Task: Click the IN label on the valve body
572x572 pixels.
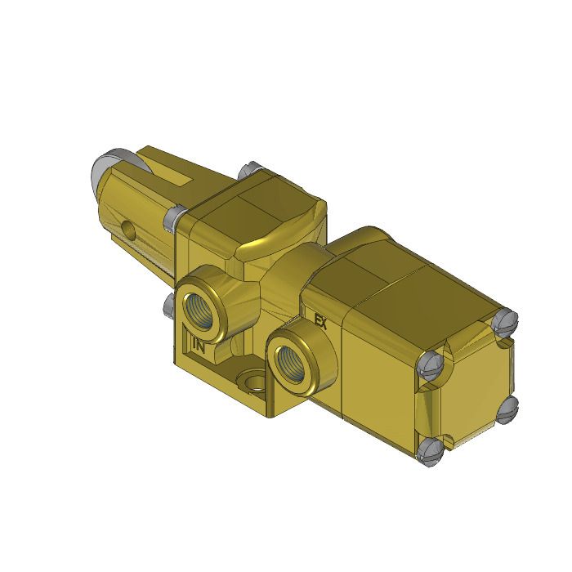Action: tap(198, 345)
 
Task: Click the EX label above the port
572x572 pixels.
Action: tap(320, 322)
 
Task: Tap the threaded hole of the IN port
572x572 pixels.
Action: tap(199, 307)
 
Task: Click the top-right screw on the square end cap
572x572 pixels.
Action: tap(507, 320)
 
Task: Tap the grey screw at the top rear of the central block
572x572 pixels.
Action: tap(248, 172)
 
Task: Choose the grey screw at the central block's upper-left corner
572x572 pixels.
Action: tap(173, 217)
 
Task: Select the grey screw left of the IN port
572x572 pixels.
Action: tap(169, 306)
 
